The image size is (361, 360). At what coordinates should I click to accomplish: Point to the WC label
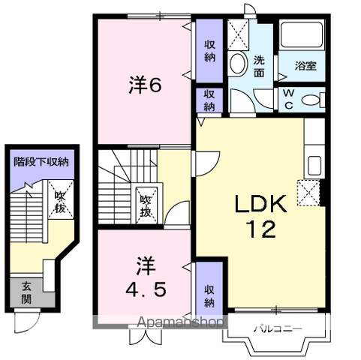[x=288, y=99]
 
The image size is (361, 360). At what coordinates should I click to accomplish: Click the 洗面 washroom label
[x=259, y=66]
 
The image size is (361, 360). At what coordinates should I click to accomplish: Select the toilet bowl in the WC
[x=316, y=99]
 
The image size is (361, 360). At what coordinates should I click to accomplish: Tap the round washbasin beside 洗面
[x=239, y=64]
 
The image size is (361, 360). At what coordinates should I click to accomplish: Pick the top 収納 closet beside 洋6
[x=209, y=49]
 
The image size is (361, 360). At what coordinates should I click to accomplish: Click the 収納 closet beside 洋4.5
[x=209, y=295]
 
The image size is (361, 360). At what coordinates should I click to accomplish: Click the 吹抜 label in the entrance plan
[x=60, y=201]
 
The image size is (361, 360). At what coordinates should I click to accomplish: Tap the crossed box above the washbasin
[x=238, y=34]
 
